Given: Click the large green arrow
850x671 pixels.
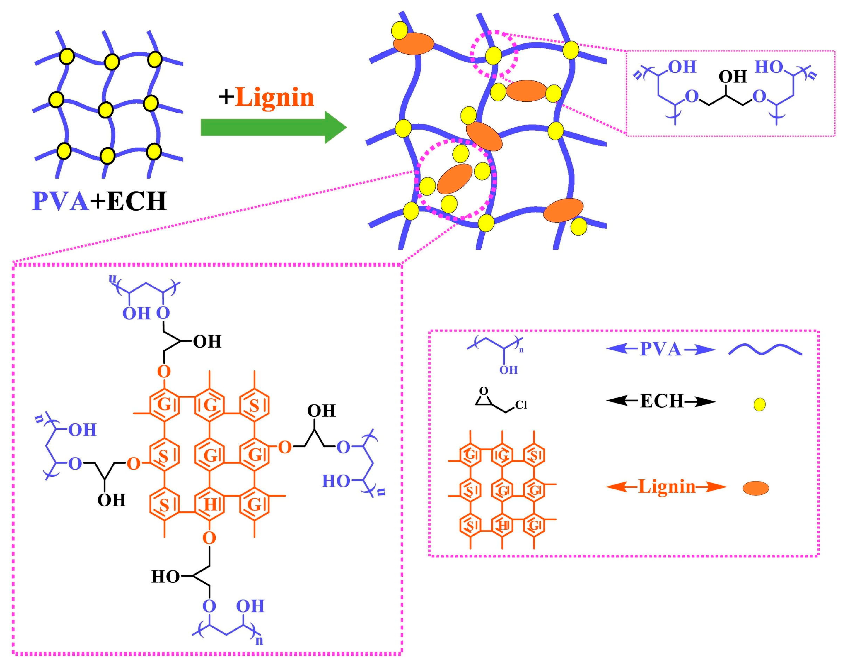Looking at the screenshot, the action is click(x=274, y=127).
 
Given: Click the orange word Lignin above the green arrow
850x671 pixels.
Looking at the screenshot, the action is click(x=274, y=97).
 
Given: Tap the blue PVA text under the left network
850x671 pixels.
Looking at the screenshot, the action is click(x=61, y=201).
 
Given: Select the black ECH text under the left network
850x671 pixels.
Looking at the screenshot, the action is click(x=136, y=201).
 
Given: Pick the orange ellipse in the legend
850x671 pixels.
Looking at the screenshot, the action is click(x=755, y=488).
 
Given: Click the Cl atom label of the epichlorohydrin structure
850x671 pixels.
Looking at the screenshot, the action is click(x=521, y=405).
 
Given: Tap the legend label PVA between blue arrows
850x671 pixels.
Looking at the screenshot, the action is click(x=661, y=349).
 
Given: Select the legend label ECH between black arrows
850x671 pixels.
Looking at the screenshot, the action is click(x=662, y=401).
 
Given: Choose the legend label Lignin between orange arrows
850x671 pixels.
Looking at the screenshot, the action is click(x=667, y=487).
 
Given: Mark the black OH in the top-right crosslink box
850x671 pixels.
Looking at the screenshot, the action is click(x=732, y=77).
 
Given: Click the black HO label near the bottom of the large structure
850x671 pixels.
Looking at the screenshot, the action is click(x=165, y=577).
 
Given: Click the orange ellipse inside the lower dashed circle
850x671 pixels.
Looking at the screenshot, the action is click(x=454, y=179).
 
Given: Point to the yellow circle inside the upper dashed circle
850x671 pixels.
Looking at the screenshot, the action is click(x=493, y=55).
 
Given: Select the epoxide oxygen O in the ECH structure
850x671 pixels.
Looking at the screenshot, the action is click(x=484, y=391).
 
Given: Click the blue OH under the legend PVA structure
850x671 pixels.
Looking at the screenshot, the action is click(x=508, y=370).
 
